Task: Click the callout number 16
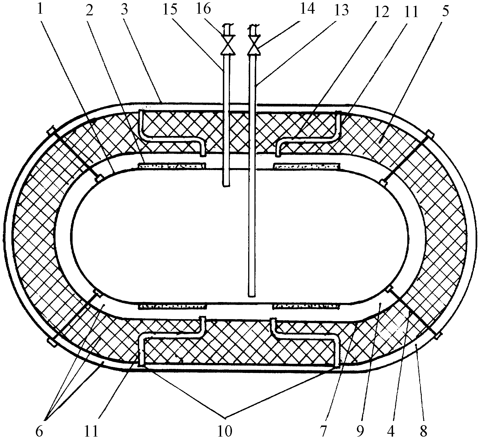click(x=204, y=9)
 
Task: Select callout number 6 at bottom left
click(x=40, y=431)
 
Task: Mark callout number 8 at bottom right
click(x=423, y=431)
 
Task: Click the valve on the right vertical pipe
click(x=254, y=45)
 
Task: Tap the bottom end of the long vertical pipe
click(x=251, y=295)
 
